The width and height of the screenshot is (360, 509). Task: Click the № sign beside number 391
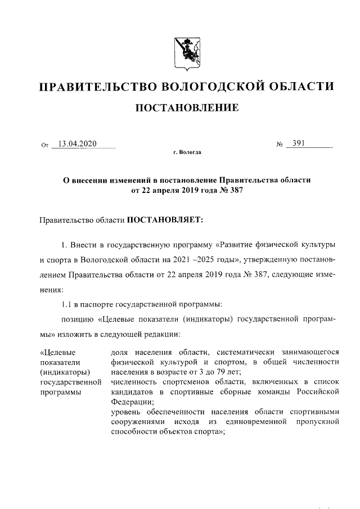pos(278,145)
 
